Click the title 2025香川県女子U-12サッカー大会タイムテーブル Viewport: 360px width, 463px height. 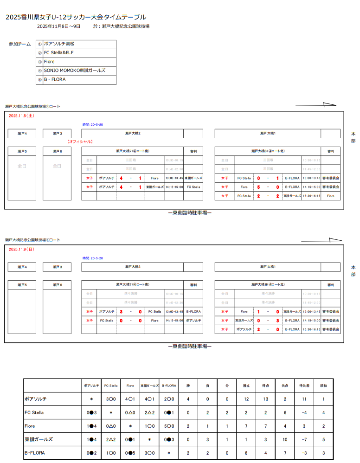click(x=75, y=17)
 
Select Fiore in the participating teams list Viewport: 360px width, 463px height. click(x=49, y=62)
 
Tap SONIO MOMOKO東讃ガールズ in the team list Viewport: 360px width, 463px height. click(x=74, y=71)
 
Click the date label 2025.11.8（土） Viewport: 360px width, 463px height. click(x=21, y=116)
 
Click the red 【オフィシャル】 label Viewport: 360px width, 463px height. click(x=80, y=141)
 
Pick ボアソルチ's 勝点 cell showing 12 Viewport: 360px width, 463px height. click(x=246, y=399)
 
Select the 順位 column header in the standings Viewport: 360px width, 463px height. click(x=323, y=386)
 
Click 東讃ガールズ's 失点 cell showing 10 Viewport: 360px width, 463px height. click(x=285, y=439)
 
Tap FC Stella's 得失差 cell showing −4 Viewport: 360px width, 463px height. click(x=304, y=412)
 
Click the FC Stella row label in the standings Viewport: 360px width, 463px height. click(x=34, y=412)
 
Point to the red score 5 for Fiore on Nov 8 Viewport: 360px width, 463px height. click(x=258, y=187)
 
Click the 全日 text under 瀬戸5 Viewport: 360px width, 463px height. click(x=22, y=166)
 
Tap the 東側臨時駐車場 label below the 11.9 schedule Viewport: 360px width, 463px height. click(x=190, y=346)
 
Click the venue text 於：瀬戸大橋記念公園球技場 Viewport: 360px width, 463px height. click(x=121, y=26)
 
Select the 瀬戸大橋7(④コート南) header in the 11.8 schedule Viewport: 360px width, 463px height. click(x=132, y=151)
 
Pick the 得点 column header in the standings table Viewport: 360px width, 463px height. click(x=265, y=386)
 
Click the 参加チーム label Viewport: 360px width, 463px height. click(x=19, y=44)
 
